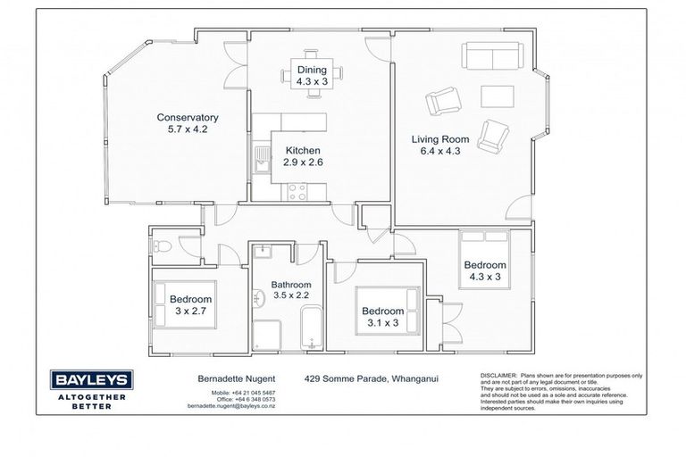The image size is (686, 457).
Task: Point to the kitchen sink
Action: coord(261,160)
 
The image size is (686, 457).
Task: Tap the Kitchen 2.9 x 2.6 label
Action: coord(303,157)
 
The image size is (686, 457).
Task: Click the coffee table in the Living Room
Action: coord(497,96)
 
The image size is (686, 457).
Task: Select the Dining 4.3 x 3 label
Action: coord(312,75)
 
